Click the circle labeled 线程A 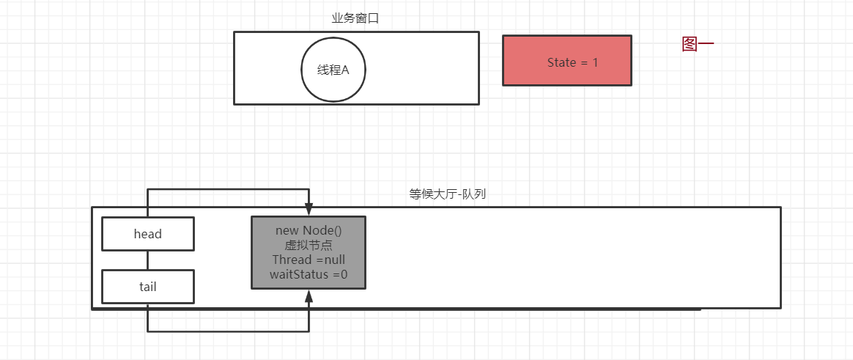[333, 70]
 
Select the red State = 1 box [566, 61]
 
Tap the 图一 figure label [697, 45]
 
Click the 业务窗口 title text [355, 18]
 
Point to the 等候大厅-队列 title [447, 195]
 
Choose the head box [147, 234]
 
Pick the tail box [147, 287]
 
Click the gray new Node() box [309, 252]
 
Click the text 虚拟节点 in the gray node [309, 246]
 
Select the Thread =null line [309, 260]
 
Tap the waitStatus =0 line [309, 274]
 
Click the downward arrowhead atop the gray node [309, 210]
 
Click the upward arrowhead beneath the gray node [309, 296]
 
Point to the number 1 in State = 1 [595, 63]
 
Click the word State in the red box [561, 63]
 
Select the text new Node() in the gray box [309, 231]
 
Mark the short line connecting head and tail [147, 260]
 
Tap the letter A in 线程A [345, 70]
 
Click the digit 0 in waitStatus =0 [343, 274]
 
